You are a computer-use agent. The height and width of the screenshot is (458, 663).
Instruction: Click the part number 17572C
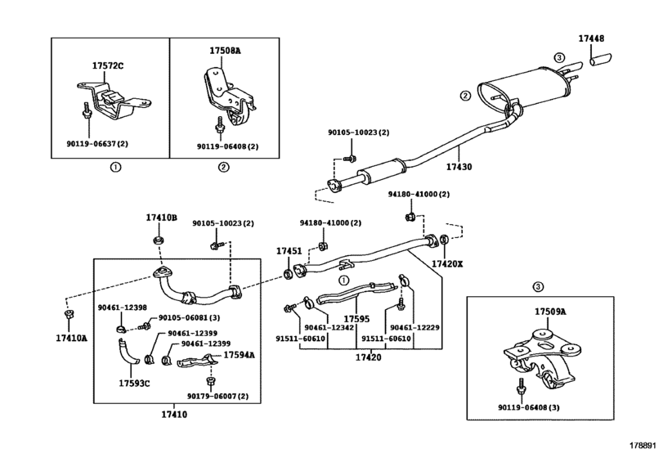[108, 66]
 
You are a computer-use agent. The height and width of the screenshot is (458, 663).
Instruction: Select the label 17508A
[225, 51]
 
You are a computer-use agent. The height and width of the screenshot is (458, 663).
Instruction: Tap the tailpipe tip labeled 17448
[601, 60]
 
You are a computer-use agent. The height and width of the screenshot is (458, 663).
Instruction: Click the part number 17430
[459, 167]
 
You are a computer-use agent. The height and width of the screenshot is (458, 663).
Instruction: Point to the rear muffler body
[524, 91]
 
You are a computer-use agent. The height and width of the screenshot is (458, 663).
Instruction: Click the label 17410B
[162, 218]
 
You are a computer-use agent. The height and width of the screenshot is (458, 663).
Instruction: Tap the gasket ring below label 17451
[287, 274]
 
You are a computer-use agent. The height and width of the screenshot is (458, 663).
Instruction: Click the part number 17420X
[447, 264]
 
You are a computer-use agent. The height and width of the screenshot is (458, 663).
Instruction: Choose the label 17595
[356, 319]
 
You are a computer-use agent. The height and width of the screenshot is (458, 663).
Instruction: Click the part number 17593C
[134, 384]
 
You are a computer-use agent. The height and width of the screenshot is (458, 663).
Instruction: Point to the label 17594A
[239, 355]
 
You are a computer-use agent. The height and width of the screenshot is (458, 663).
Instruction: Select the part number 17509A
[550, 312]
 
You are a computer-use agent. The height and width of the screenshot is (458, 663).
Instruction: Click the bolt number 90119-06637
[92, 144]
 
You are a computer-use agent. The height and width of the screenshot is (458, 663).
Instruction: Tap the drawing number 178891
[643, 445]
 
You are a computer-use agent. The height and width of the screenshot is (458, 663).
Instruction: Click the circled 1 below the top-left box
[115, 167]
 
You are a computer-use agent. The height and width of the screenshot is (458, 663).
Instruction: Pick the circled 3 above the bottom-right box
[538, 287]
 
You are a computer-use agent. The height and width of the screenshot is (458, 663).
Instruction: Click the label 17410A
[71, 339]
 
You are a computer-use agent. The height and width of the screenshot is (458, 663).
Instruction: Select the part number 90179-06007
[212, 397]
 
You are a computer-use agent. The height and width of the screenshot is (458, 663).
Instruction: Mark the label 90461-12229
[414, 328]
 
